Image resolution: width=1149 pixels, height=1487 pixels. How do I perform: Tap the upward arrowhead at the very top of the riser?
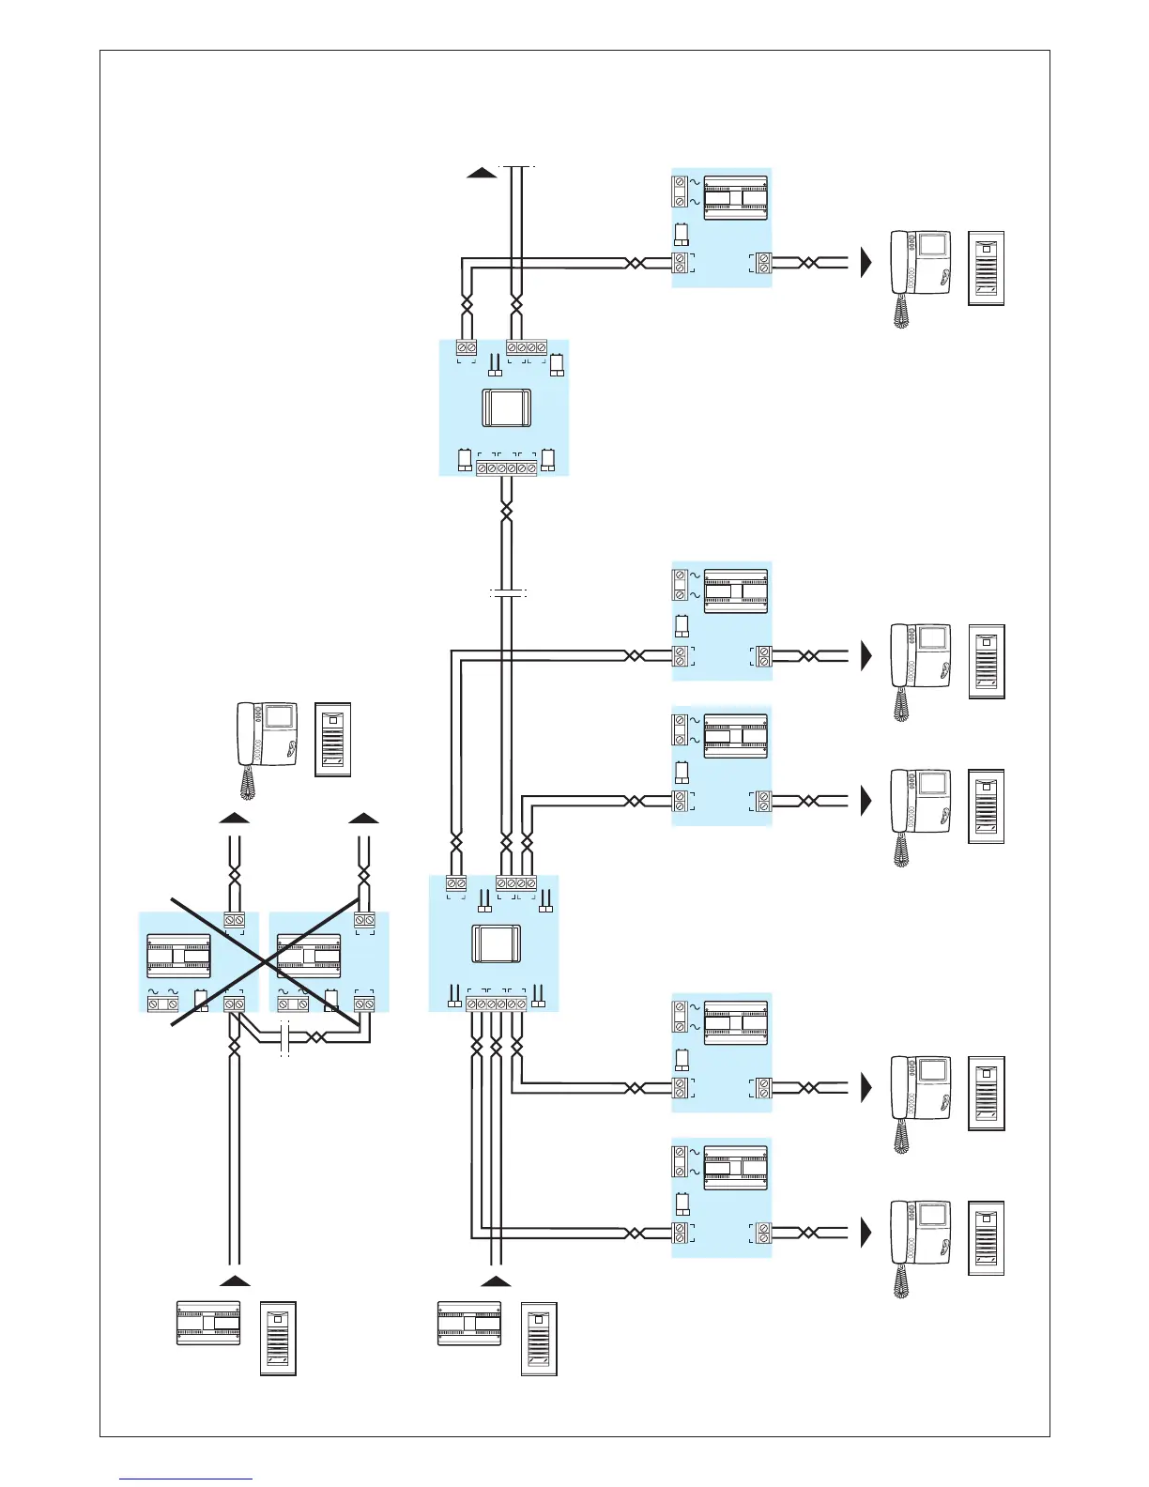(482, 172)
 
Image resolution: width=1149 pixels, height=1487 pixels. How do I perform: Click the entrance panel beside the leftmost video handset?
(333, 739)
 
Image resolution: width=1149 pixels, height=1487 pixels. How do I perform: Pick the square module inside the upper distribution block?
(507, 408)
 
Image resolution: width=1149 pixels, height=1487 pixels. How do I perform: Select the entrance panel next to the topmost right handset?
(986, 268)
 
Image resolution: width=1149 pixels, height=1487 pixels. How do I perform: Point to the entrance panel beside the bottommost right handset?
(986, 1237)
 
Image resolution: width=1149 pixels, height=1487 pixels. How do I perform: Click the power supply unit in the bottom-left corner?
(208, 1324)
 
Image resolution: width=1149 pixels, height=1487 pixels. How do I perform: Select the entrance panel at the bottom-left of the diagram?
(278, 1339)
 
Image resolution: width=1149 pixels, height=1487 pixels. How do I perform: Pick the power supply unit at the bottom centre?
(469, 1324)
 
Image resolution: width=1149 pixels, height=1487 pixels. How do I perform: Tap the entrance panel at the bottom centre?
(539, 1339)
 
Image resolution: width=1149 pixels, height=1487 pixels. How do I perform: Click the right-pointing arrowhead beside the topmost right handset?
(866, 263)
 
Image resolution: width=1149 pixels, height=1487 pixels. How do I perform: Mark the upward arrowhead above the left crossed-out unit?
(235, 818)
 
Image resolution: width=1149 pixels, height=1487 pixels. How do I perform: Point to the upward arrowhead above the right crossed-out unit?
(363, 818)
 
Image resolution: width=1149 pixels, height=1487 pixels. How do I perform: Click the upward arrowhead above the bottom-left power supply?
(235, 1280)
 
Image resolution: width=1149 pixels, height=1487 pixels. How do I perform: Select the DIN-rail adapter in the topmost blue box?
(735, 198)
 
